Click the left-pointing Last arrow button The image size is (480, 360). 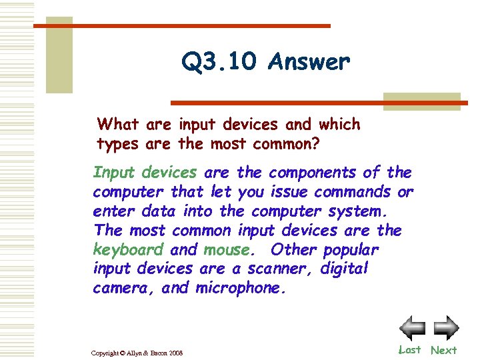tap(412, 328)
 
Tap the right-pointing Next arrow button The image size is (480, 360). tap(445, 328)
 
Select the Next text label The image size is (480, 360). tap(444, 350)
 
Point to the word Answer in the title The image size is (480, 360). tap(309, 62)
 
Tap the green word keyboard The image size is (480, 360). tap(128, 250)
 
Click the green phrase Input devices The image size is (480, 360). tap(145, 173)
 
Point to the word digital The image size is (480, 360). tap(345, 269)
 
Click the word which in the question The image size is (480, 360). tap(339, 124)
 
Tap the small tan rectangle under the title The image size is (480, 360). tap(422, 100)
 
